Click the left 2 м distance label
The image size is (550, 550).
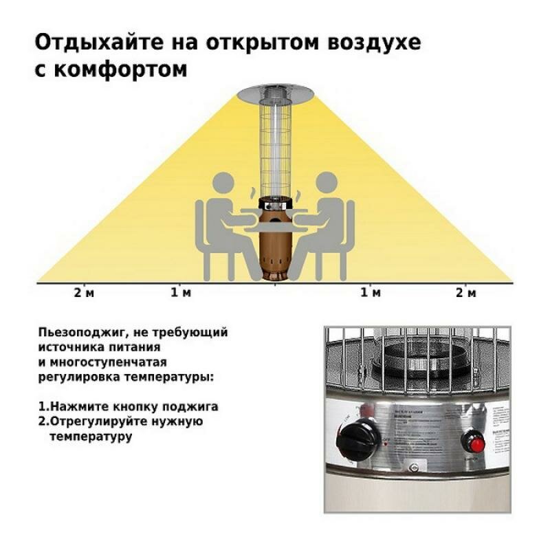tap(84, 294)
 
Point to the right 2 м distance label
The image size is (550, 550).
tap(465, 294)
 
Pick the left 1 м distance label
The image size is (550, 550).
tap(181, 294)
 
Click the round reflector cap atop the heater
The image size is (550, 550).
tap(274, 92)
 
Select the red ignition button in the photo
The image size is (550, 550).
tap(472, 438)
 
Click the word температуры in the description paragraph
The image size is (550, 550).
tap(165, 377)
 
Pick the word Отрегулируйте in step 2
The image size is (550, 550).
tap(89, 421)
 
